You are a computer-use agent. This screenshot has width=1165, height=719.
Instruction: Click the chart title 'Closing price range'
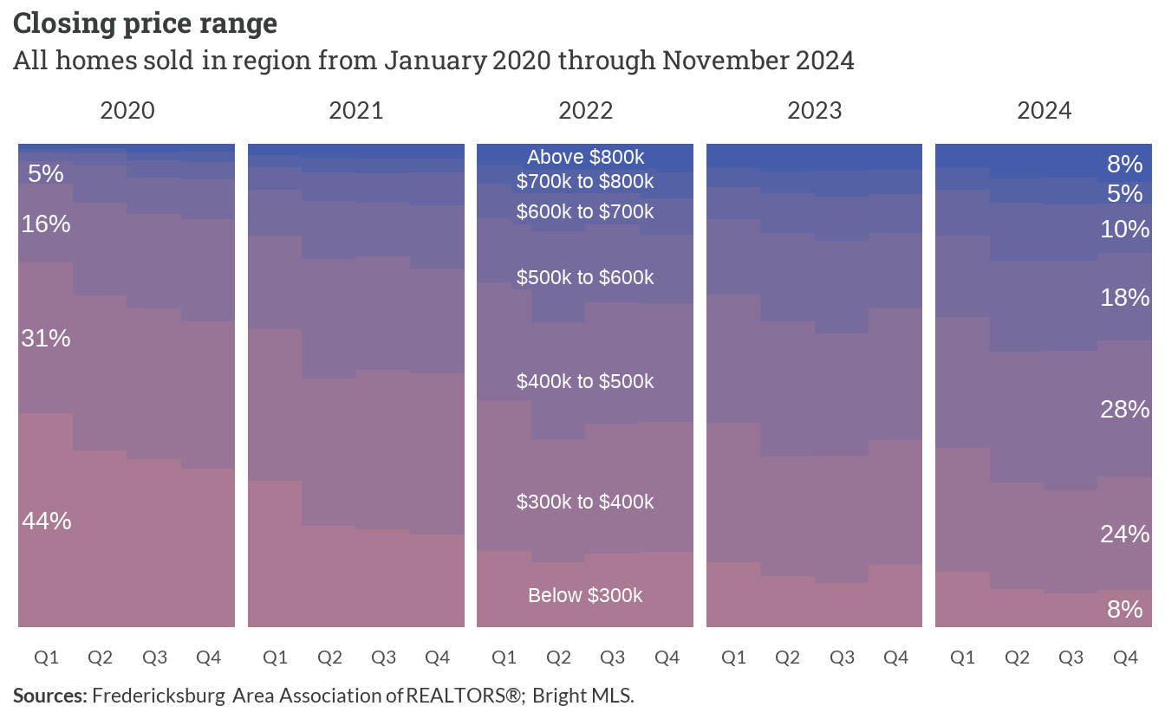click(145, 24)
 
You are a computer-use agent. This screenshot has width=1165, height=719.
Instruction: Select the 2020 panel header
click(127, 111)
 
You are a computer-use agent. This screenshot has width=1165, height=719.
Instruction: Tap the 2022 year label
click(586, 111)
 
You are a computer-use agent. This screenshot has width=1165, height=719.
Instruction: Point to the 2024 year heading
click(1045, 111)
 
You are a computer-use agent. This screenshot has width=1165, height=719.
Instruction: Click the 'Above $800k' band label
click(586, 157)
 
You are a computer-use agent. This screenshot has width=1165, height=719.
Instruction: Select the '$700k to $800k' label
click(585, 181)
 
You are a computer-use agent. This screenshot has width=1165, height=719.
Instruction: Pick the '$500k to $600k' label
click(585, 277)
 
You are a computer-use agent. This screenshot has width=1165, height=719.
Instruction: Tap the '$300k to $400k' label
click(585, 502)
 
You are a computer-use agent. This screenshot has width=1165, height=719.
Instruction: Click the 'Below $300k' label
click(585, 595)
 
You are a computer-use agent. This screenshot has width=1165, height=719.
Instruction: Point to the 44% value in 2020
click(46, 521)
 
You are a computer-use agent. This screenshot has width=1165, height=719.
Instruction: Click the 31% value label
click(46, 339)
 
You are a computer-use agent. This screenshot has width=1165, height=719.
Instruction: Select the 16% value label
click(46, 224)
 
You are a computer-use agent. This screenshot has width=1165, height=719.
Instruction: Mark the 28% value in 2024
click(1125, 410)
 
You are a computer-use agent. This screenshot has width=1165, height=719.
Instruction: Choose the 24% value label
click(1125, 534)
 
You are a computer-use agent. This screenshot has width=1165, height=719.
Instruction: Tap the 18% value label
click(1125, 297)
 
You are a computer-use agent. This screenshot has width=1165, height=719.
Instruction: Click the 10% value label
click(1125, 230)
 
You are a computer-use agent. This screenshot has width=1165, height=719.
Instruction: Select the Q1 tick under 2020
click(46, 657)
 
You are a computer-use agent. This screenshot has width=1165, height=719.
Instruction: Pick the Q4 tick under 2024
click(1125, 657)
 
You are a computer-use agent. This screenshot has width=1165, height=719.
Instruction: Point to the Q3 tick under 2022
click(613, 657)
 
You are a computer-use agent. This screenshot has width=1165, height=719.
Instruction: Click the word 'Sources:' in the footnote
click(50, 696)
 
